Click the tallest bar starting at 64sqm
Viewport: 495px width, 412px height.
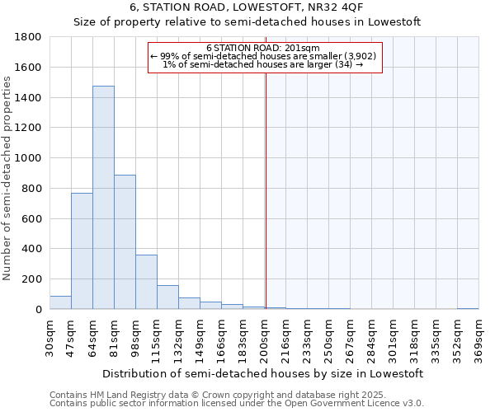point(103,198)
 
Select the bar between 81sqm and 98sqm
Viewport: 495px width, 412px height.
point(125,242)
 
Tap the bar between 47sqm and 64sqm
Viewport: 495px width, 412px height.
point(82,251)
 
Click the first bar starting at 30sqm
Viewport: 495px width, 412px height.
point(60,302)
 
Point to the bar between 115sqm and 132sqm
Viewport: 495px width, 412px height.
point(167,297)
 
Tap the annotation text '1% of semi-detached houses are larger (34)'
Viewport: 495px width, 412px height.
point(263,64)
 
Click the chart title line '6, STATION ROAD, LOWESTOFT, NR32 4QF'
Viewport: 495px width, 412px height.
point(247,7)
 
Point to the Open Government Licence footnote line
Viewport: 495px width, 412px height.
point(237,404)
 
